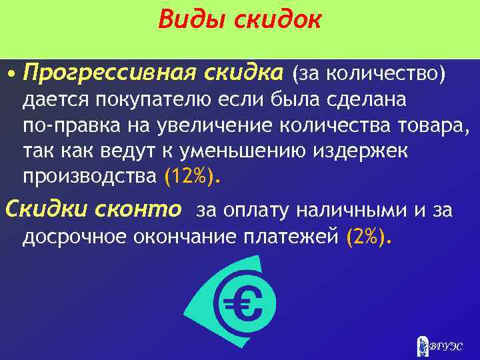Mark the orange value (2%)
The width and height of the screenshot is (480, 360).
tap(371, 237)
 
